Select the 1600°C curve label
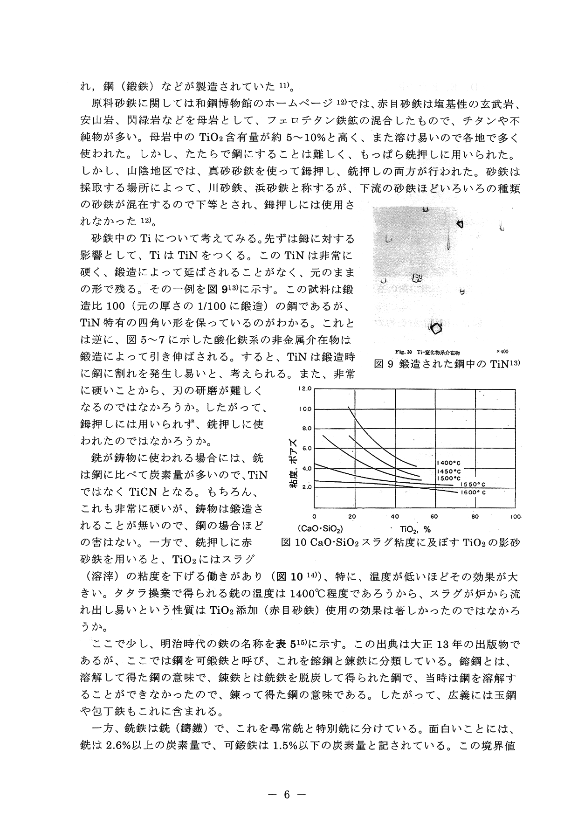coord(474,492)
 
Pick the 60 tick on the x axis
coord(434,517)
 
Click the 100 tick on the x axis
coord(515,517)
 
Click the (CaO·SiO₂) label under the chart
coord(320,529)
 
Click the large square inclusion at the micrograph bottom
coord(436,328)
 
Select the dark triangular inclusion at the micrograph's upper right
coord(461,224)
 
